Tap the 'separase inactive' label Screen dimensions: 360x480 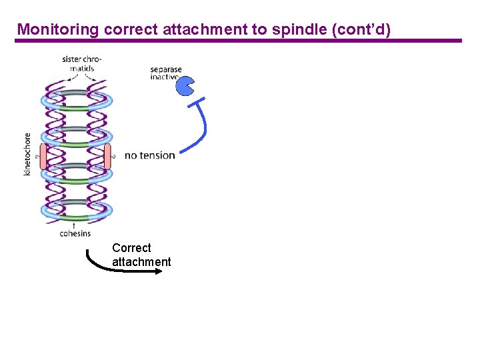pyautogui.click(x=165, y=73)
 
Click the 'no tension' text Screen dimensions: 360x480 pyautogui.click(x=150, y=155)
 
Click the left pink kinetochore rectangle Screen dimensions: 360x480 pyautogui.click(x=44, y=155)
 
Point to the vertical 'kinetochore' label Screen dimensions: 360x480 pyautogui.click(x=27, y=154)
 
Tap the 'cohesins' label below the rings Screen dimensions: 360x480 pyautogui.click(x=75, y=233)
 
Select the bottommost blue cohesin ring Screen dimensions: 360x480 pyautogui.click(x=75, y=211)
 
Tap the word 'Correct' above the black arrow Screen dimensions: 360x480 pyautogui.click(x=131, y=248)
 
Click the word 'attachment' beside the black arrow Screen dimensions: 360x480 pyautogui.click(x=141, y=262)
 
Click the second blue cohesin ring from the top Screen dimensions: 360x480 pyautogui.click(x=75, y=137)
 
